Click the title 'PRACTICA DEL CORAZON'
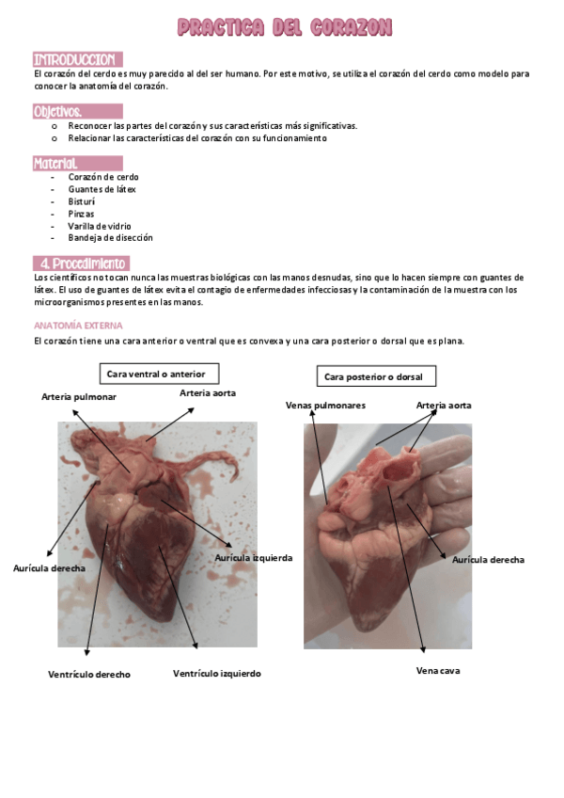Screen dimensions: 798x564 [285, 28]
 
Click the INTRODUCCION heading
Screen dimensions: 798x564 [75, 59]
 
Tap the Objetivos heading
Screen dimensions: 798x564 [58, 111]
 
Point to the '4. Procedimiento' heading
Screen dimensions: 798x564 [82, 263]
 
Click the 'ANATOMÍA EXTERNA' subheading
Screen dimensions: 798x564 [71, 325]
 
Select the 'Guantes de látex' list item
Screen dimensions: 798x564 [102, 189]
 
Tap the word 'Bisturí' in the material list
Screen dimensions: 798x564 [82, 201]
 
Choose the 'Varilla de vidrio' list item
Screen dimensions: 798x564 [100, 226]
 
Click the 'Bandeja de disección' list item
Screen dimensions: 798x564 [110, 238]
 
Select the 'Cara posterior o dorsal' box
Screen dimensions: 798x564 [373, 376]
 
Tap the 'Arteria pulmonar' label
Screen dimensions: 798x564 [80, 397]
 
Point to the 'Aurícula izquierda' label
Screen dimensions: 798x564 [253, 557]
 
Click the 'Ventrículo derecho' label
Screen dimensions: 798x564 [89, 674]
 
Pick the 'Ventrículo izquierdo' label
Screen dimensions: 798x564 [217, 673]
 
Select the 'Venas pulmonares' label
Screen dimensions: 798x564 [325, 405]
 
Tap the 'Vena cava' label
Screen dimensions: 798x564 [438, 671]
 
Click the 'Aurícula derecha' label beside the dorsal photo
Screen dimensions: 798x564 [488, 559]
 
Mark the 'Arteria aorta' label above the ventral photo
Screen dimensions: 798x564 [208, 391]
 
